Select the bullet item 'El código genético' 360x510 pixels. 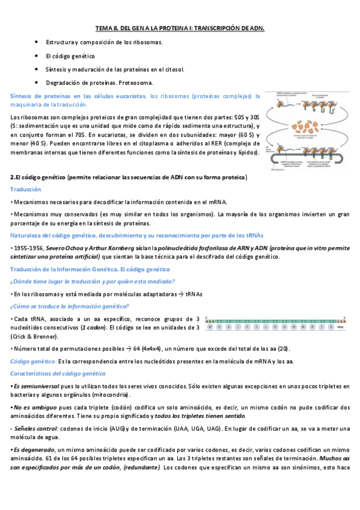pos(70,55)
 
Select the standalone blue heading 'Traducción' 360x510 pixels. pos(25,189)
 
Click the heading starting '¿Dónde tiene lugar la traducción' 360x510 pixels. pos(93,281)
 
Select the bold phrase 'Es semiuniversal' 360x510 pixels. pos(36,386)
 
